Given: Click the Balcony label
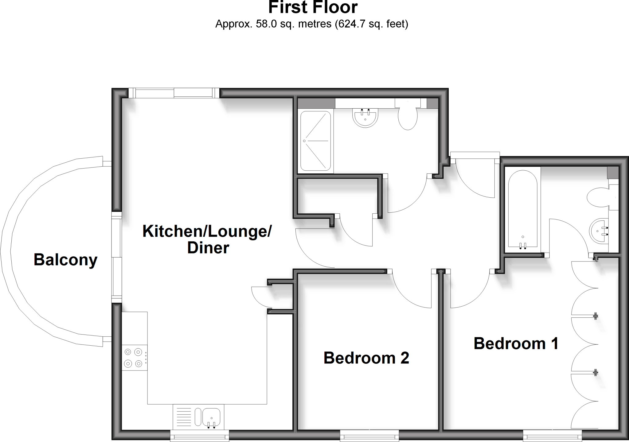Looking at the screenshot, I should tap(65, 260).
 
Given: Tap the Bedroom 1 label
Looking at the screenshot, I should tap(516, 343).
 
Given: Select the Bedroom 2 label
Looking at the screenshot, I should tap(366, 358).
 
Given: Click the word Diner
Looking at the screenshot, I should tap(208, 248).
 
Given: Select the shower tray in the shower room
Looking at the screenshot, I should tap(315, 141).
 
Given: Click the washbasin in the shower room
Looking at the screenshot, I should tap(365, 118).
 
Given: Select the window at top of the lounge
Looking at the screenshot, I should tap(174, 93).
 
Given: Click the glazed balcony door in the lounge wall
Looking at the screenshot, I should tap(116, 257).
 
